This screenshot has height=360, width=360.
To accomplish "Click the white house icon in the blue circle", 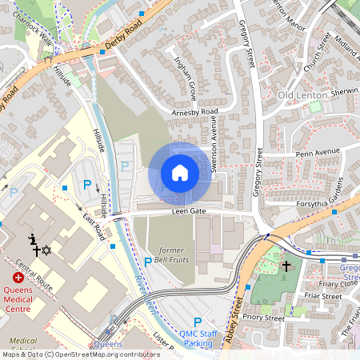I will click(x=179, y=173).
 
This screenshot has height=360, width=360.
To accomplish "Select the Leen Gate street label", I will click(x=189, y=212).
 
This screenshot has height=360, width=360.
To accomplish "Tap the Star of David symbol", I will click(x=46, y=251).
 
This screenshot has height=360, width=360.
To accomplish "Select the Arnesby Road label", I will click(x=194, y=112).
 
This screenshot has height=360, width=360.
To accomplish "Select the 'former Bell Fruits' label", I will click(x=171, y=255).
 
